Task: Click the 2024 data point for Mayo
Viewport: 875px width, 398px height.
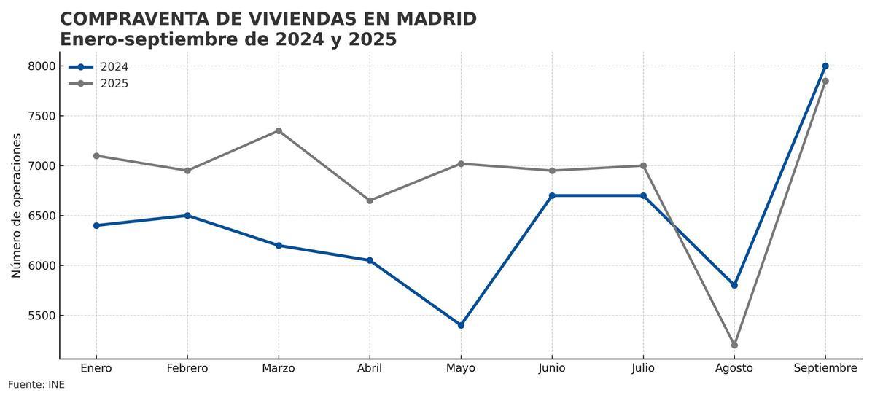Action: click(461, 325)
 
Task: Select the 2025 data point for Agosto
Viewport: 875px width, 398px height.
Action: click(734, 345)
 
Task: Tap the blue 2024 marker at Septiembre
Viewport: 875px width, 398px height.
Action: click(825, 66)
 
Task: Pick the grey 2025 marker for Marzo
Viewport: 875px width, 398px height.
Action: click(279, 131)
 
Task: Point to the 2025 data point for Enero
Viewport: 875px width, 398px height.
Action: click(96, 156)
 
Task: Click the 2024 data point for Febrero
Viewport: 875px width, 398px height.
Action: click(187, 216)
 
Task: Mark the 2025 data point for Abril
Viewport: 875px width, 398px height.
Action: click(370, 200)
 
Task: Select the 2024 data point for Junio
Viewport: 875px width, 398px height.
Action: click(552, 195)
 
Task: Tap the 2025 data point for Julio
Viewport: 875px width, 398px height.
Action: click(643, 165)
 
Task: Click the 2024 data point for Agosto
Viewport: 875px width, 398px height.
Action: click(734, 285)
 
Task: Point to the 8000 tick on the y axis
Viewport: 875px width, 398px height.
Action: click(42, 66)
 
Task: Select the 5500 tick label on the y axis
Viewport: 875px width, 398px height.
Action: click(42, 316)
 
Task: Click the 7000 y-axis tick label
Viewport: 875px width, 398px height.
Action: click(42, 166)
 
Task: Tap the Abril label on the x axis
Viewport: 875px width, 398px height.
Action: click(370, 369)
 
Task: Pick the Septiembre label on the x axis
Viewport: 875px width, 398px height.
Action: click(825, 369)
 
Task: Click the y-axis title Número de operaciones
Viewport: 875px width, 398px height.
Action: click(17, 206)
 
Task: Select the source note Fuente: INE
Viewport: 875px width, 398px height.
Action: click(36, 385)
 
